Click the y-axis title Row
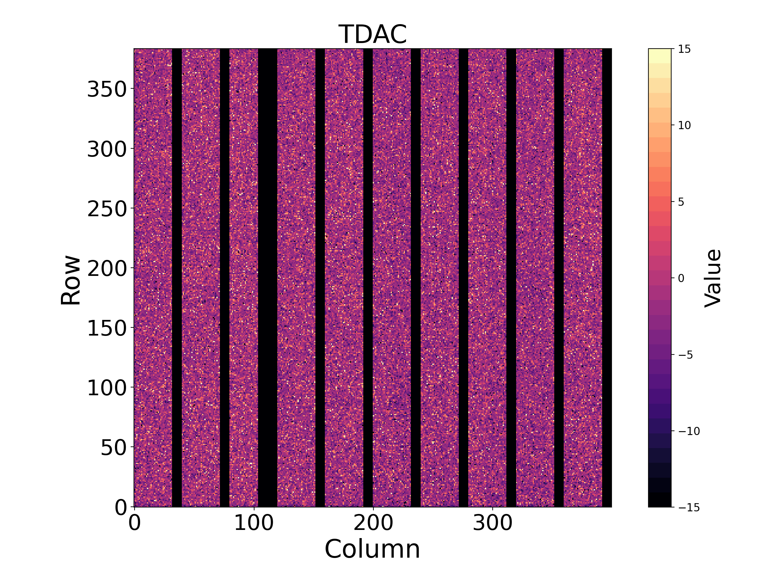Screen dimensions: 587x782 click(70, 279)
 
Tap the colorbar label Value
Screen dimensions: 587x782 click(713, 278)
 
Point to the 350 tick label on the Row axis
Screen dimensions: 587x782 click(107, 89)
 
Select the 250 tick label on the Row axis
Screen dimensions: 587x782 click(107, 209)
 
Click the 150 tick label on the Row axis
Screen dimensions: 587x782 click(107, 328)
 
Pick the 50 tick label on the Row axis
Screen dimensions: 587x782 click(113, 448)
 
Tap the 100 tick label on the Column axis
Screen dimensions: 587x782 click(254, 523)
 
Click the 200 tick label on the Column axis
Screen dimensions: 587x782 click(373, 523)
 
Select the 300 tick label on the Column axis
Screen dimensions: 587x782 click(492, 523)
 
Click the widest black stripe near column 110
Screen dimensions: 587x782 click(268, 278)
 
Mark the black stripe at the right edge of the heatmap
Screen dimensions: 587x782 click(607, 278)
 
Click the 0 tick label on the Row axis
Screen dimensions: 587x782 click(121, 507)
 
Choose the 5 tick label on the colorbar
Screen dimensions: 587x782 click(681, 202)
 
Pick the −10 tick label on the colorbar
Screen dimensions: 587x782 click(689, 431)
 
